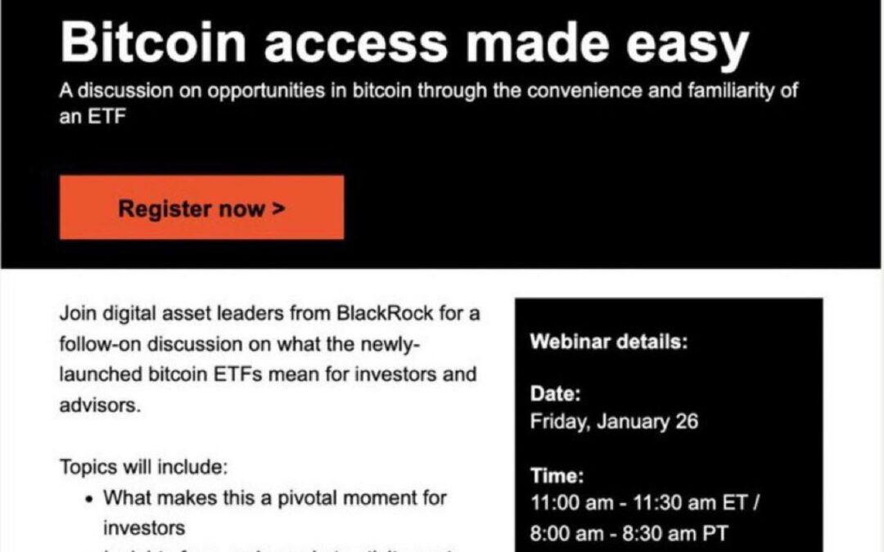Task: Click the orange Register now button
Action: (201, 208)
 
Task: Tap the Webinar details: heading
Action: (609, 342)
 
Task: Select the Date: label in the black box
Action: (555, 394)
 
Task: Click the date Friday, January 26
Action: (614, 422)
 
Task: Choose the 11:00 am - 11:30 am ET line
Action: (645, 502)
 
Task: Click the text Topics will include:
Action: (142, 468)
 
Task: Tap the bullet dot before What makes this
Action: (88, 497)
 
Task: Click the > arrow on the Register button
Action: (278, 208)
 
